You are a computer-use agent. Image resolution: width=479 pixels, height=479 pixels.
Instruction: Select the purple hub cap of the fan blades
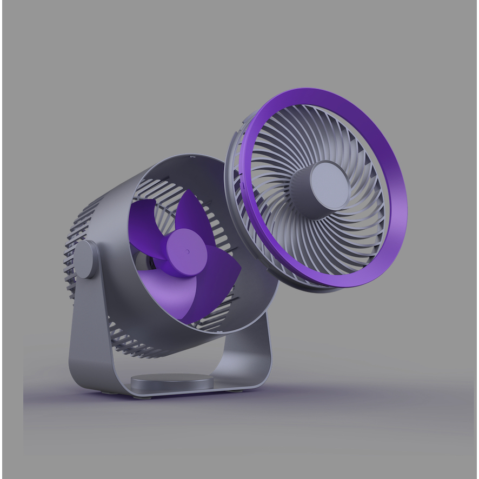click(x=187, y=252)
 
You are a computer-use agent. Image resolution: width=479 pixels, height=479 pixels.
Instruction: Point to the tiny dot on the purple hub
click(x=188, y=251)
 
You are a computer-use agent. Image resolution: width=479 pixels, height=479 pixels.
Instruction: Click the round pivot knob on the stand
click(x=85, y=260)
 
